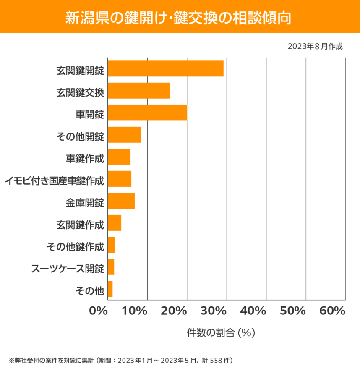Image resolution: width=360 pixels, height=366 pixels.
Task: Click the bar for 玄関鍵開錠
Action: click(166, 68)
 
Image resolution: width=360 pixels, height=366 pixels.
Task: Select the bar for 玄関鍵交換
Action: click(139, 91)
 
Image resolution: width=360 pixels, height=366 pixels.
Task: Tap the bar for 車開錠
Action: click(147, 112)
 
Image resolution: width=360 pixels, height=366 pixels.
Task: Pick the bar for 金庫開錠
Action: click(121, 201)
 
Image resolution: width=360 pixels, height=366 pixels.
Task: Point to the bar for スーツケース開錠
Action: click(111, 267)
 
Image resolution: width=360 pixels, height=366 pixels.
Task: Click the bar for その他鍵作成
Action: click(111, 245)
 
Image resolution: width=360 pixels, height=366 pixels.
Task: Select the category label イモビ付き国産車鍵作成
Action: click(54, 181)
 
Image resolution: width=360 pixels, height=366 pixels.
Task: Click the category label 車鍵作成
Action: click(85, 159)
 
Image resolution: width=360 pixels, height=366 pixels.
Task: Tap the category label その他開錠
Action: click(80, 137)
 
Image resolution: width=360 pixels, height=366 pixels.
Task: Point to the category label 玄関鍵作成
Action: click(80, 225)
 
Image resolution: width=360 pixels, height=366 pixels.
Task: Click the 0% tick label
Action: click(99, 311)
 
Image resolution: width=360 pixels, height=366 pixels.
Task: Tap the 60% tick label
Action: click(332, 311)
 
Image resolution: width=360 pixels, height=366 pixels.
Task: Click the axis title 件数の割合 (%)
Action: click(221, 333)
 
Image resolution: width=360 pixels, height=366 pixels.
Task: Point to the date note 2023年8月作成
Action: click(315, 46)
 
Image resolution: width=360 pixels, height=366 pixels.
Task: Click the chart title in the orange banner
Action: click(180, 17)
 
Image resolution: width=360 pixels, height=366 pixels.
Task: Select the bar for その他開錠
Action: click(125, 135)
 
